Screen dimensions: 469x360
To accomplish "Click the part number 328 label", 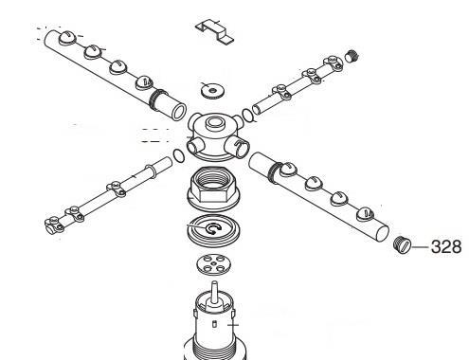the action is (x=446, y=246).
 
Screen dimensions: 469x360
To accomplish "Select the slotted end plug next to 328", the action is (x=403, y=244).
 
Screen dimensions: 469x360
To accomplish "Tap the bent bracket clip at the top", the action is (x=215, y=30).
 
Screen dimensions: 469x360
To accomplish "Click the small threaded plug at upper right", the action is (x=352, y=56).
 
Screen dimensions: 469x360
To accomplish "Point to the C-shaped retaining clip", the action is (x=212, y=229).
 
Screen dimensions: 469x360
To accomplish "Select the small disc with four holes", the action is (x=213, y=264).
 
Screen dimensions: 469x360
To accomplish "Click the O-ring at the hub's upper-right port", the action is (x=248, y=116).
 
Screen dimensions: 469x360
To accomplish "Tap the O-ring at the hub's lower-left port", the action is (x=179, y=156).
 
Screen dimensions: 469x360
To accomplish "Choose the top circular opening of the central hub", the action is (x=214, y=121).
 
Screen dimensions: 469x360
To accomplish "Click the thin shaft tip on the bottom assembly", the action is (x=214, y=282).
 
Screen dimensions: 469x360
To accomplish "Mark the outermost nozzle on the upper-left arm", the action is (x=67, y=38).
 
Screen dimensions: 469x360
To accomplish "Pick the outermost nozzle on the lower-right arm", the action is (x=365, y=215).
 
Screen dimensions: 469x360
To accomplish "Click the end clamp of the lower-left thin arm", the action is (x=54, y=225).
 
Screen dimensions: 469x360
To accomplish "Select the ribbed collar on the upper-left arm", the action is (x=157, y=99).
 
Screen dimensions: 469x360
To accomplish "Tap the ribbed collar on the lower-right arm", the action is (x=274, y=171).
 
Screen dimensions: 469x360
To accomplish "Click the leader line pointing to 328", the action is (x=421, y=246).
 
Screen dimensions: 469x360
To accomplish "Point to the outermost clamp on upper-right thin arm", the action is (x=333, y=63).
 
